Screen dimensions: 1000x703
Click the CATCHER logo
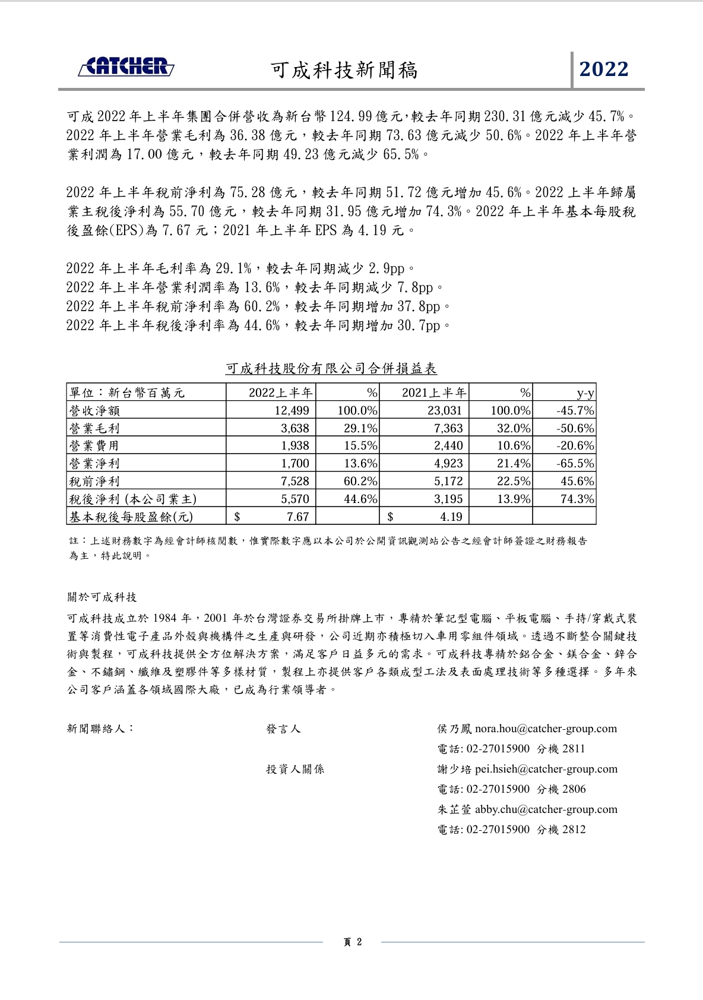pyautogui.click(x=126, y=67)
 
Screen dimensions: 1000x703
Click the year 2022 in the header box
pyautogui.click(x=604, y=69)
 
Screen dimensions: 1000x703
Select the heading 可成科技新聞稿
pyautogui.click(x=344, y=70)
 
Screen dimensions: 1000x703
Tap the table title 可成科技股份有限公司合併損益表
pyautogui.click(x=331, y=369)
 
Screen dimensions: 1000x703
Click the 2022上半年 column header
pyautogui.click(x=280, y=393)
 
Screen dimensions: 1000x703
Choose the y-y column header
pyautogui.click(x=585, y=393)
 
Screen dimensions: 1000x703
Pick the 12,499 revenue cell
pyautogui.click(x=292, y=410)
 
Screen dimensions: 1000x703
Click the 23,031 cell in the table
pyautogui.click(x=445, y=410)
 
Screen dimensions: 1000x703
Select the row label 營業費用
pyautogui.click(x=94, y=445)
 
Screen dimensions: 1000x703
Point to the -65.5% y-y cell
pyautogui.click(x=575, y=463)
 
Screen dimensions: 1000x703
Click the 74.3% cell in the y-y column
pyautogui.click(x=577, y=499)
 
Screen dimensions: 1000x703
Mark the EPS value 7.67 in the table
pyautogui.click(x=297, y=517)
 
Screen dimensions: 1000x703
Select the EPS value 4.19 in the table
pyautogui.click(x=451, y=517)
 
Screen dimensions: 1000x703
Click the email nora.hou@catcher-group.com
pyautogui.click(x=546, y=729)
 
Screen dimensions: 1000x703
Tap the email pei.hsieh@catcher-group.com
pyautogui.click(x=546, y=769)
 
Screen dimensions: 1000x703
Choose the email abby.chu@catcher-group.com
pyautogui.click(x=546, y=809)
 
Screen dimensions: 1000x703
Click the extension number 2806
pyautogui.click(x=574, y=789)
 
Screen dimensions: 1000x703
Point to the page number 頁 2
pyautogui.click(x=352, y=942)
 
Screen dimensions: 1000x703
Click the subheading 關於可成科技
pyautogui.click(x=102, y=597)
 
